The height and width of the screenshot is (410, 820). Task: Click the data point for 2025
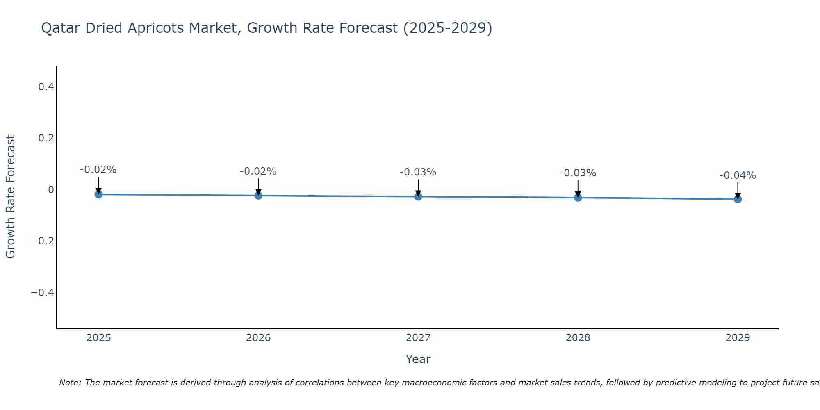[98, 194]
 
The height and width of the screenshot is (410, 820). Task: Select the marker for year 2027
[418, 197]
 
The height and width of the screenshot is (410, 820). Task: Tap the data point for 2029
[738, 199]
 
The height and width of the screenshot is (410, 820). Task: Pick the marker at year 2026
[258, 196]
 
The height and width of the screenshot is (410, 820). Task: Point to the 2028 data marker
[578, 198]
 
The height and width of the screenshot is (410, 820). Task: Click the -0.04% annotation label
[738, 175]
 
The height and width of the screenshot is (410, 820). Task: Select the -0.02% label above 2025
[98, 170]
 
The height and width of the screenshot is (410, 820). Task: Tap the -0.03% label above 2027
[418, 172]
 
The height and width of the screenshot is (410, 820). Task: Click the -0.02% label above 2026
[258, 171]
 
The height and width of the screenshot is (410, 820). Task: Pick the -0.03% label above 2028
[578, 173]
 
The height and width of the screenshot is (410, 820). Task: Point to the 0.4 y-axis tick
[46, 87]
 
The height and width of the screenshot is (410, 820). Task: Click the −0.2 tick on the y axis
[42, 241]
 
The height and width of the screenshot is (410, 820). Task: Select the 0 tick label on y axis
[51, 189]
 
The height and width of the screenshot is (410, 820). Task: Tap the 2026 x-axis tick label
[258, 338]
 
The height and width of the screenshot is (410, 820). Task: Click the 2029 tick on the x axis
[738, 338]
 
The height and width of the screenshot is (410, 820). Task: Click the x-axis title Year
[418, 359]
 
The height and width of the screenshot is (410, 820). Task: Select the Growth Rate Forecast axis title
[10, 197]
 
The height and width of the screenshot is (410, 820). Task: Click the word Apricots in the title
[155, 28]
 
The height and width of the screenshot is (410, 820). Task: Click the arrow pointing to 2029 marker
[738, 189]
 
